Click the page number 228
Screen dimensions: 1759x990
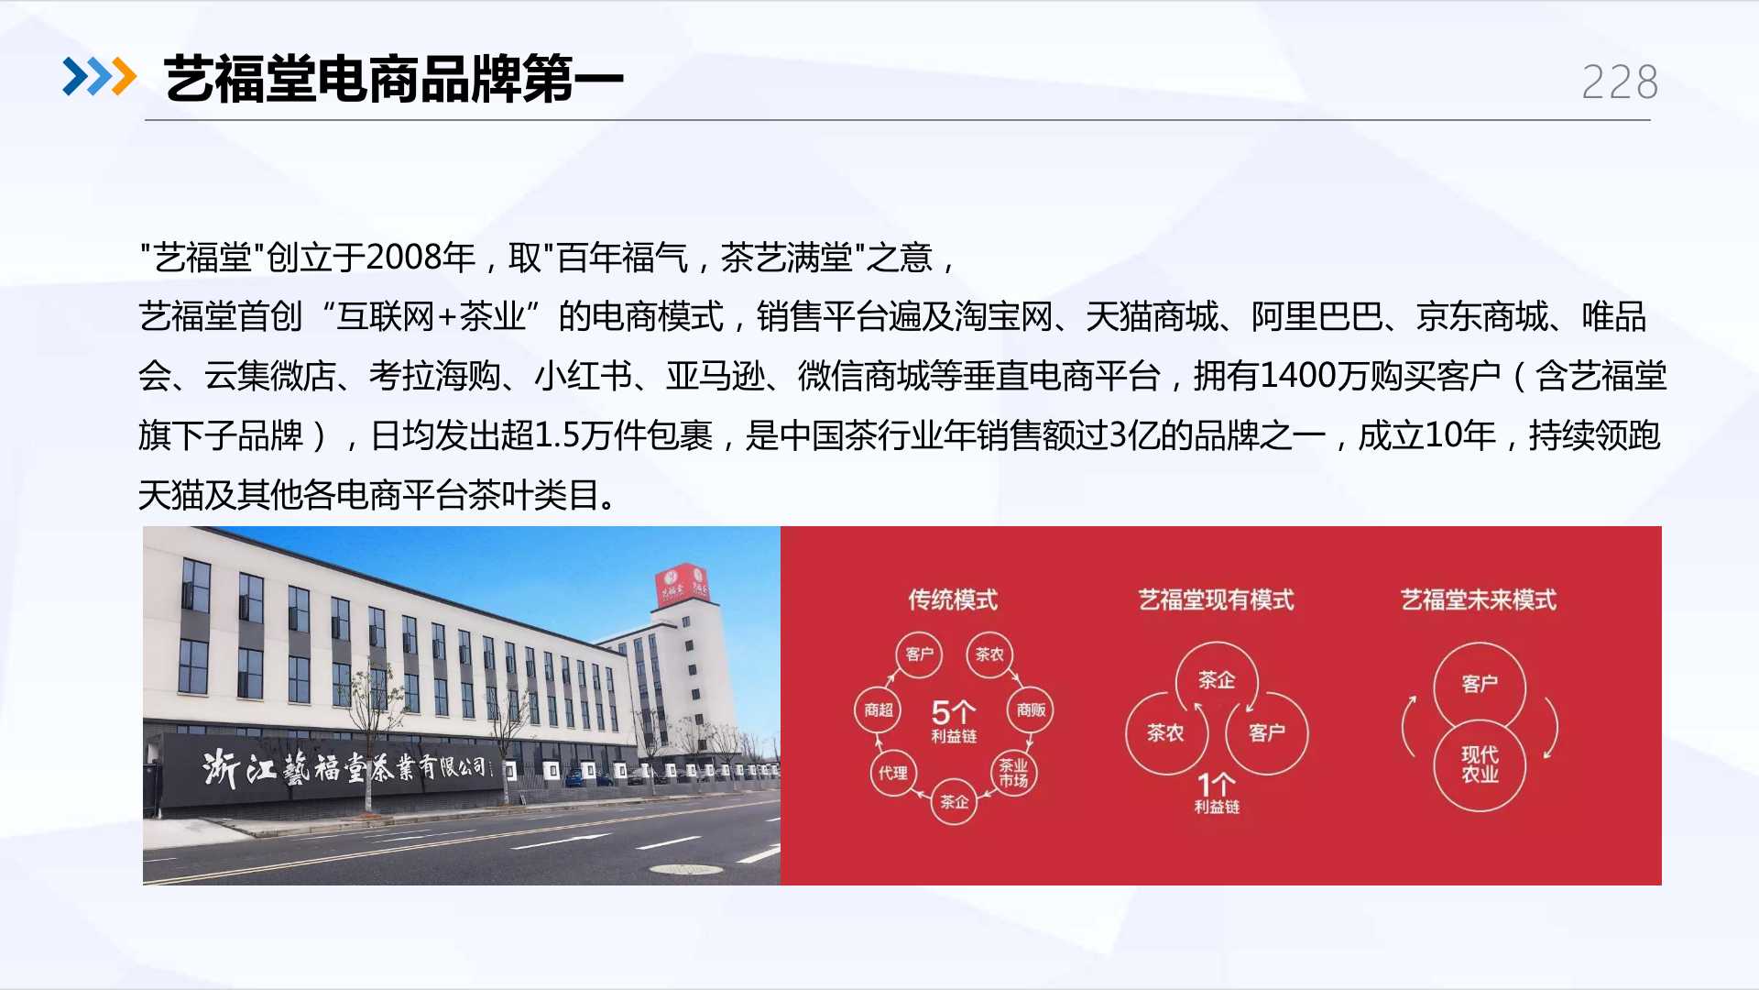click(x=1620, y=82)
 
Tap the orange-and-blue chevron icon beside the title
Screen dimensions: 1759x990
click(x=99, y=76)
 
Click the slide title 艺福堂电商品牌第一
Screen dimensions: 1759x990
click(x=394, y=79)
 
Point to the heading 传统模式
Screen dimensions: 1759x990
click(x=953, y=599)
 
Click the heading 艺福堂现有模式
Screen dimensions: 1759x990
click(x=1216, y=599)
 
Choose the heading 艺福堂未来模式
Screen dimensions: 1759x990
click(x=1478, y=599)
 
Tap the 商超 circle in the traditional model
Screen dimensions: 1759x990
click(x=878, y=709)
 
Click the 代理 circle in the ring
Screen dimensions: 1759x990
click(x=893, y=773)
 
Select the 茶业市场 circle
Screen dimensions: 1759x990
click(x=1013, y=773)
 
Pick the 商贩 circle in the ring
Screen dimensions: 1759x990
click(x=1031, y=709)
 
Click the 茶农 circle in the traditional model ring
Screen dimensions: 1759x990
click(x=989, y=654)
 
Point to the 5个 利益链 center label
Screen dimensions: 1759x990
click(x=954, y=720)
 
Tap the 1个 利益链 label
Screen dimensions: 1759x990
click(x=1217, y=794)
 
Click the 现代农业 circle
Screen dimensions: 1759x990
click(x=1480, y=765)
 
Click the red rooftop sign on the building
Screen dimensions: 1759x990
click(x=683, y=586)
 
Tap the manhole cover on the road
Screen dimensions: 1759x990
click(x=685, y=868)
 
